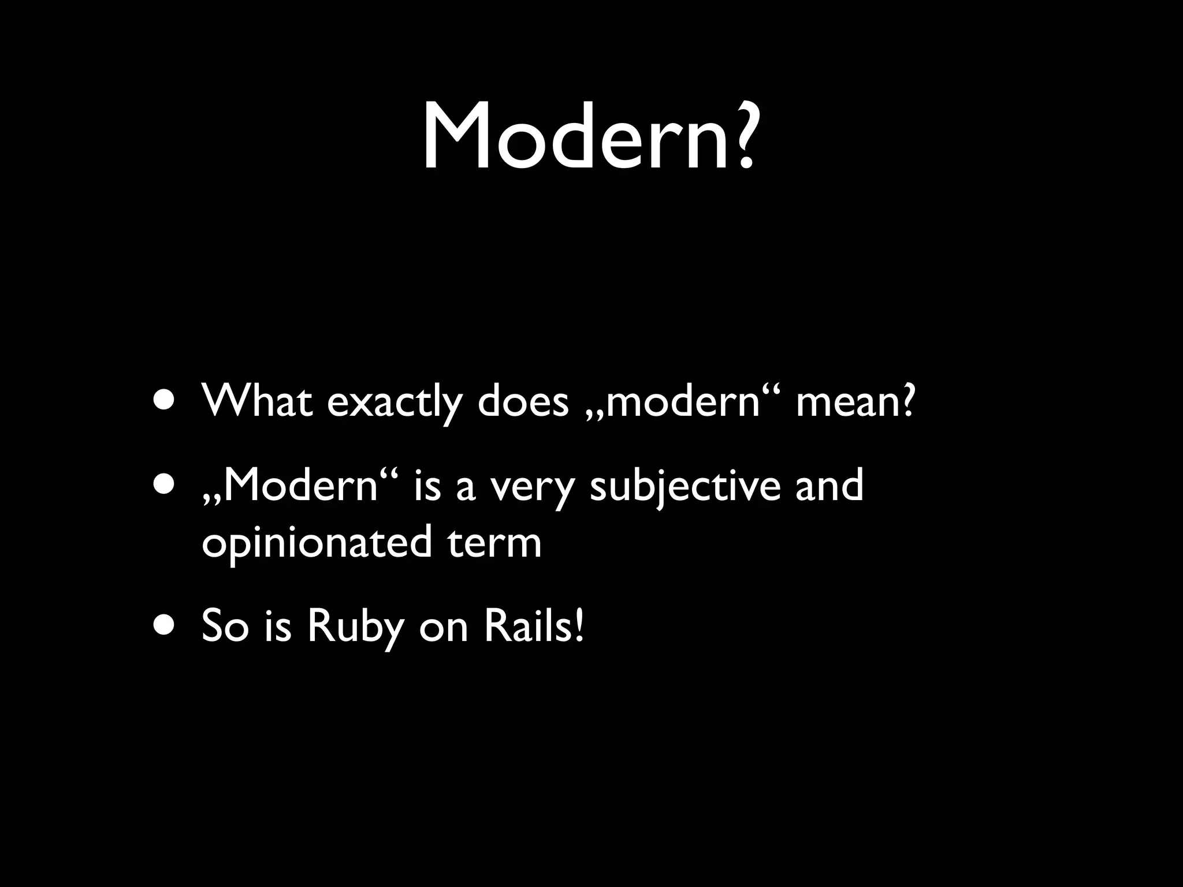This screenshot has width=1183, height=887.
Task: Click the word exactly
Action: tap(395, 402)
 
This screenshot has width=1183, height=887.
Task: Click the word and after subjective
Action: tap(829, 485)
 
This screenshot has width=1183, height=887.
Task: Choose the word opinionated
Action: tap(317, 543)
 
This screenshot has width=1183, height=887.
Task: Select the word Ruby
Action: tap(354, 627)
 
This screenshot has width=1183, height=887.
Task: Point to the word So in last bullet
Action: tap(225, 626)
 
